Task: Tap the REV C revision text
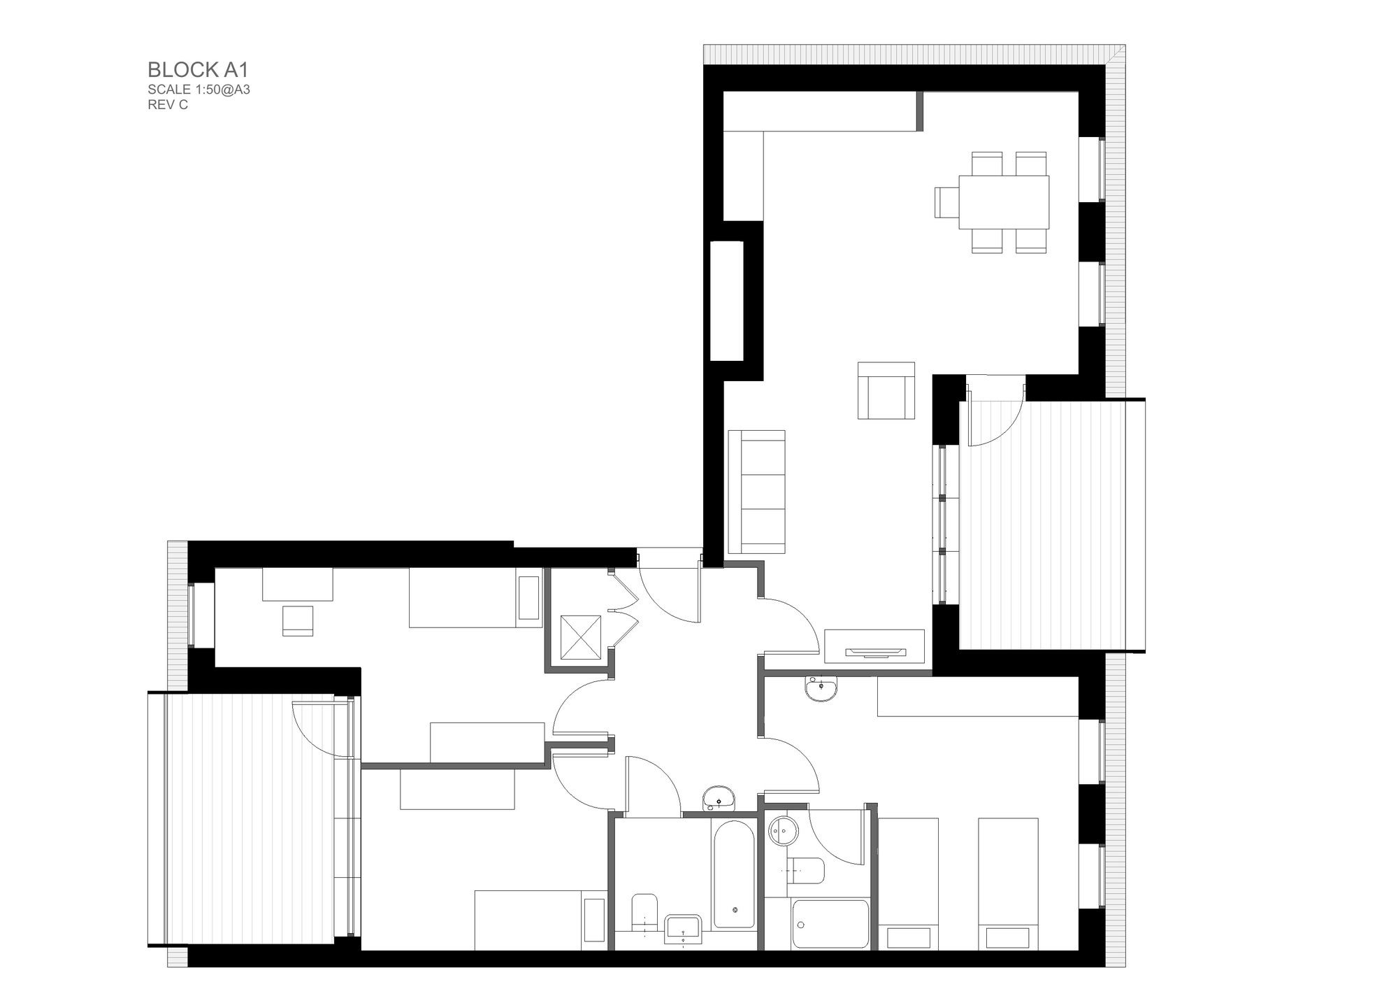point(168,105)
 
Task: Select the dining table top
point(1004,202)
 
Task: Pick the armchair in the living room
point(886,391)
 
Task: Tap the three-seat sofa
point(756,492)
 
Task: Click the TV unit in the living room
point(874,646)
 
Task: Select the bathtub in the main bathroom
point(734,874)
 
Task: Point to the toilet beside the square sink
point(644,913)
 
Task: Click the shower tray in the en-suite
point(830,924)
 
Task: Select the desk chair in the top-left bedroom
point(298,621)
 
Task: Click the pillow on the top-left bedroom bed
point(528,598)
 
